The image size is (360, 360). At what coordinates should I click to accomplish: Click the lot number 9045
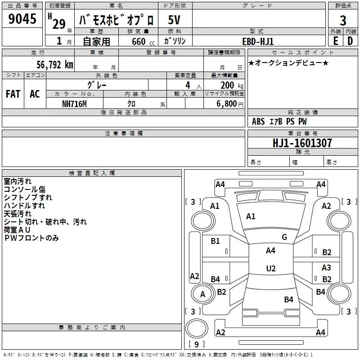(x=23, y=19)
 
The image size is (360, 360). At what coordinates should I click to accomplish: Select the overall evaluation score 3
(x=343, y=20)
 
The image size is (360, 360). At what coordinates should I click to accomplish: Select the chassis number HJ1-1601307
(x=302, y=143)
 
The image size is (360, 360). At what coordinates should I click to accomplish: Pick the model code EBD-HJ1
(x=258, y=41)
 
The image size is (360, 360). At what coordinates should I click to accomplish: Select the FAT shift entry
(x=13, y=94)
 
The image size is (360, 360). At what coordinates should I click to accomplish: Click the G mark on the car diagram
(x=284, y=237)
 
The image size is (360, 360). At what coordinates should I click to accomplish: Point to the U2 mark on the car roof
(x=270, y=269)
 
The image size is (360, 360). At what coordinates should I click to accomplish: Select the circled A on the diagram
(x=202, y=294)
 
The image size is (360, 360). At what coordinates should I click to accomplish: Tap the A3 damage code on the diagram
(x=326, y=268)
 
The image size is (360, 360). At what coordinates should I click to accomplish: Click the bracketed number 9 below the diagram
(x=196, y=345)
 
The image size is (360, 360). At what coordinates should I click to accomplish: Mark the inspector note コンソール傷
(x=25, y=189)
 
